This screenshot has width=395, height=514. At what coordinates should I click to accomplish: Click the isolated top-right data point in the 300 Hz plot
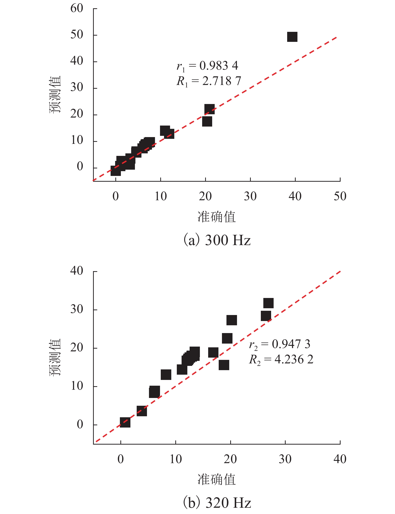(x=292, y=37)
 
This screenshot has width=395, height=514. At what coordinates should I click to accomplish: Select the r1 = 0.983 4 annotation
(x=207, y=66)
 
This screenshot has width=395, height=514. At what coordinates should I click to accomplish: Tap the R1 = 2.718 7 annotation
(x=208, y=81)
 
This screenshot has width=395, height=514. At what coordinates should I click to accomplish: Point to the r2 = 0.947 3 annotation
(x=279, y=344)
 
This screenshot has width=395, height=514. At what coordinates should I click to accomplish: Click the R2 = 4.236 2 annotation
(x=281, y=360)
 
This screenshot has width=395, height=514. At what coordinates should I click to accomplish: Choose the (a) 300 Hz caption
(x=217, y=240)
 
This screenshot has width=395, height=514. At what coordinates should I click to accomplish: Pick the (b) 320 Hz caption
(x=217, y=502)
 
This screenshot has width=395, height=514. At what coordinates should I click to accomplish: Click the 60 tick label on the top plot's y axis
(x=77, y=9)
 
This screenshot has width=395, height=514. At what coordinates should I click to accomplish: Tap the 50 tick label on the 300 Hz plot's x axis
(x=340, y=196)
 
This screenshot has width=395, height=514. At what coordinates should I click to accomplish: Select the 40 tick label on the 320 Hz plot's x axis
(x=340, y=459)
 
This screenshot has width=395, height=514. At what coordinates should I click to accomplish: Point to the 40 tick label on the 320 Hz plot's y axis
(x=77, y=271)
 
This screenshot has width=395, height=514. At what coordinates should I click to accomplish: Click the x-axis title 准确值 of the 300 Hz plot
(x=217, y=217)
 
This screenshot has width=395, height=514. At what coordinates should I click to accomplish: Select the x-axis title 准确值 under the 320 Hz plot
(x=217, y=480)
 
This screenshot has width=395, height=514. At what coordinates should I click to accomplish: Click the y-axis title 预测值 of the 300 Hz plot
(x=55, y=94)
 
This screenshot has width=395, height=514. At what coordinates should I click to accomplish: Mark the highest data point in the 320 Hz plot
(x=268, y=303)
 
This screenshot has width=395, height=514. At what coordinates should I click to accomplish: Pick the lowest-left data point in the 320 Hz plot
(x=125, y=423)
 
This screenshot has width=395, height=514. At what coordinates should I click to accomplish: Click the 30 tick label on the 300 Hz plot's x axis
(x=250, y=196)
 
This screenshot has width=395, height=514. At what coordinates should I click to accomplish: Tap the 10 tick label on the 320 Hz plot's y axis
(x=77, y=386)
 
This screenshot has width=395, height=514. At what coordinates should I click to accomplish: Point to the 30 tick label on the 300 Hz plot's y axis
(x=77, y=88)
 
